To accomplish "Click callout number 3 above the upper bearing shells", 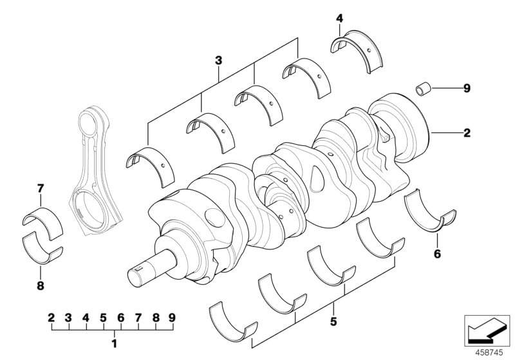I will click(218, 60).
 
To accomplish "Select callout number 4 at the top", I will click(339, 19).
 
